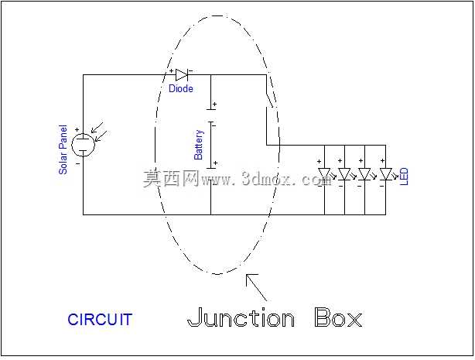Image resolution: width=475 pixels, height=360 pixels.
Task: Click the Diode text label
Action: click(181, 88)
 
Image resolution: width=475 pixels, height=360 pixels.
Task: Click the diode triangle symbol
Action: click(182, 74)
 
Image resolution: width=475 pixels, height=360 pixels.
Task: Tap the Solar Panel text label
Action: click(63, 149)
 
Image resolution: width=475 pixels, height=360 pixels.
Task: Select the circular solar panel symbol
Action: click(83, 145)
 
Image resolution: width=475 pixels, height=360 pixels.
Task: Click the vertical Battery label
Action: click(198, 145)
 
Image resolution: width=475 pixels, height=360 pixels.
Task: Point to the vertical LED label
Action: click(404, 177)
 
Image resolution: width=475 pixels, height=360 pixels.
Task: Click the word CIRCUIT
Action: click(100, 320)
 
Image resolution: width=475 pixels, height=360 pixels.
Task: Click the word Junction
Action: click(241, 317)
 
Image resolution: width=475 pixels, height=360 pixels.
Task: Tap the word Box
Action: click(338, 317)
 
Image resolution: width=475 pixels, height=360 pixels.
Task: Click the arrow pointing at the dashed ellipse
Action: click(256, 287)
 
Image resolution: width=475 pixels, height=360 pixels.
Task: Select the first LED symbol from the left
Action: click(325, 174)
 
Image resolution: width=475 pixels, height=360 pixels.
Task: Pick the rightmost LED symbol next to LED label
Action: click(386, 174)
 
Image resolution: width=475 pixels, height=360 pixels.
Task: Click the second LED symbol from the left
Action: click(345, 174)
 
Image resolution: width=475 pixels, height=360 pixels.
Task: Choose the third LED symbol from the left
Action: click(365, 174)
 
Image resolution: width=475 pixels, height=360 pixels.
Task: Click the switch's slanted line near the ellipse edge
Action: click(270, 91)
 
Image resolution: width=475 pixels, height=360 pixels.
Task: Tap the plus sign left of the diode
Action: click(171, 71)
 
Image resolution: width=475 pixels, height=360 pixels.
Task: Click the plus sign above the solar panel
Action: click(77, 130)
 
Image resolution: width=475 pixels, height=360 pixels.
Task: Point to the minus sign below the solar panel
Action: click(78, 164)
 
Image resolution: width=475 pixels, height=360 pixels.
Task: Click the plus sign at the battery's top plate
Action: click(214, 105)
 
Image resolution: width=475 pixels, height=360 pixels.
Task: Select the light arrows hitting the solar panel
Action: click(99, 132)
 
